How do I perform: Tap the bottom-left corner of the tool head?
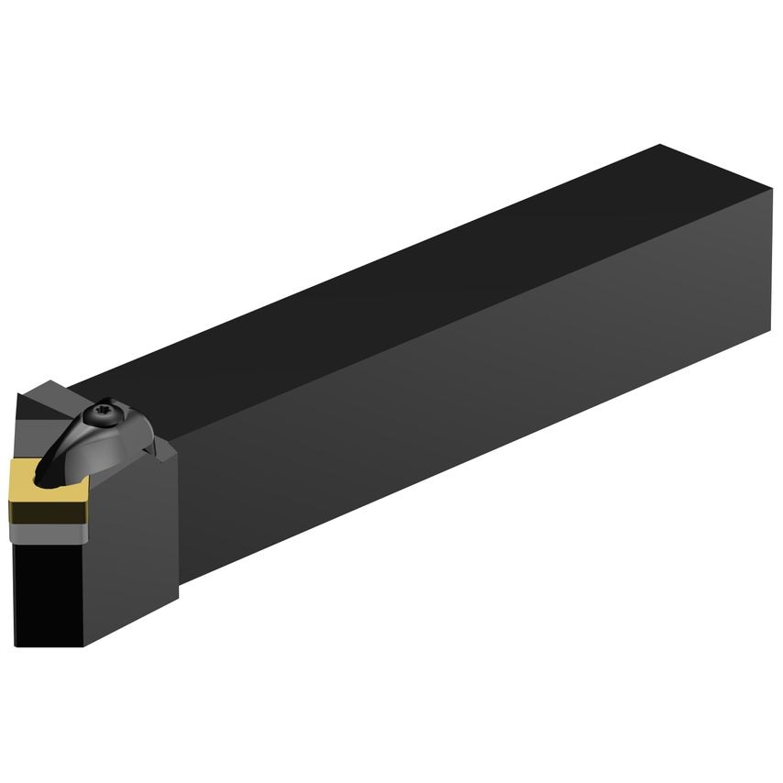point(16,645)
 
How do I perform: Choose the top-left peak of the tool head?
point(20,393)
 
